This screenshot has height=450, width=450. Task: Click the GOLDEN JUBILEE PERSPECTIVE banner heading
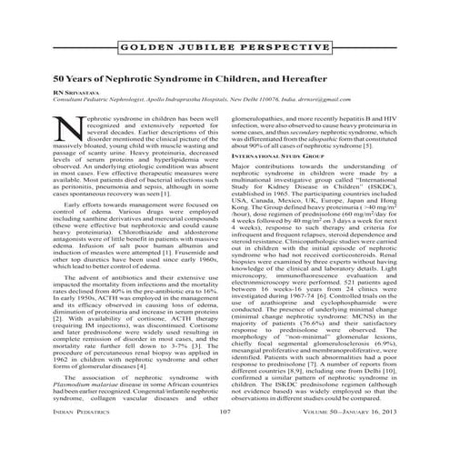[225, 45]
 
